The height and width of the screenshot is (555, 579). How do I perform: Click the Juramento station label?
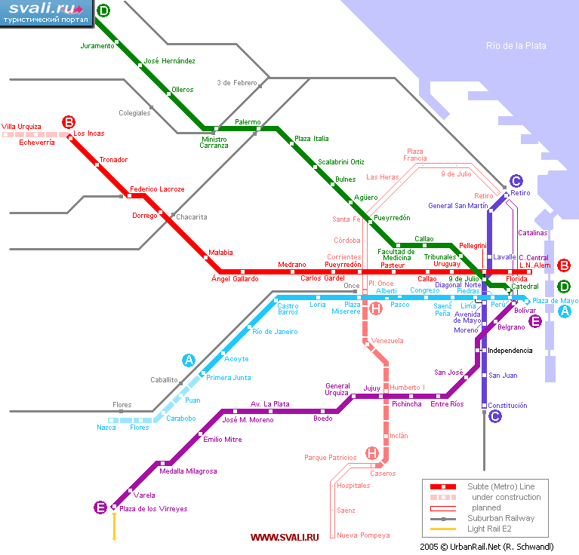pyautogui.click(x=97, y=46)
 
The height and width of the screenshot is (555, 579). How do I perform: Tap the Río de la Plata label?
pyautogui.click(x=516, y=46)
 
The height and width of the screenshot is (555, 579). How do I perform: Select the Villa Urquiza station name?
pyautogui.click(x=21, y=127)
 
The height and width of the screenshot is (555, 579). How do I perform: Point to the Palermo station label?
pyautogui.click(x=248, y=121)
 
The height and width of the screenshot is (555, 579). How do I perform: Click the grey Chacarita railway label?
pyautogui.click(x=191, y=217)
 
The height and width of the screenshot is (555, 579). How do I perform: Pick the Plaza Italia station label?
pyautogui.click(x=311, y=139)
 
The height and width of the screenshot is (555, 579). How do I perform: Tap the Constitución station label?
pyautogui.click(x=507, y=405)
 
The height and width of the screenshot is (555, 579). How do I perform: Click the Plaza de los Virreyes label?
pyautogui.click(x=153, y=509)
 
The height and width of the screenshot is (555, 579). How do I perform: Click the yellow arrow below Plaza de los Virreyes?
pyautogui.click(x=115, y=526)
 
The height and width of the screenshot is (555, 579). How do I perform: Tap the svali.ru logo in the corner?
pyautogui.click(x=46, y=13)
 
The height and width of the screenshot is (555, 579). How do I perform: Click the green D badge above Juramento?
pyautogui.click(x=103, y=11)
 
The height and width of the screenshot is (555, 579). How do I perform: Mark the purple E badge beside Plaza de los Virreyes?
pyautogui.click(x=100, y=507)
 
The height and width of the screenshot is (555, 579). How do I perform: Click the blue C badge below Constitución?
pyautogui.click(x=494, y=416)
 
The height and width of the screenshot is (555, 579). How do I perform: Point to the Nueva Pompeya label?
pyautogui.click(x=363, y=535)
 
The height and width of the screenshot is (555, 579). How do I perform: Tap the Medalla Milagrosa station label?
pyautogui.click(x=188, y=471)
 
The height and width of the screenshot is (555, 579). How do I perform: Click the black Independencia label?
pyautogui.click(x=510, y=351)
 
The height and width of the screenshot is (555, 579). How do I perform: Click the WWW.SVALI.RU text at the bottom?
pyautogui.click(x=285, y=538)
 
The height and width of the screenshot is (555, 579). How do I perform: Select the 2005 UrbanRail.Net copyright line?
pyautogui.click(x=487, y=547)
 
